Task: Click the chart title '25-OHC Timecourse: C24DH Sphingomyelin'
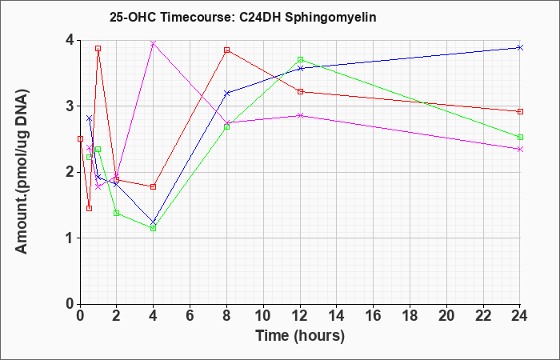click(243, 17)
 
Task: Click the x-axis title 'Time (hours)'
click(300, 336)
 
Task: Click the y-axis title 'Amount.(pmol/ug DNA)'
click(22, 171)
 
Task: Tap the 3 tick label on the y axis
click(70, 106)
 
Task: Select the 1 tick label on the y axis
click(70, 238)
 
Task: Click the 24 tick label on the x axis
click(519, 316)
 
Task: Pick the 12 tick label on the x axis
click(300, 316)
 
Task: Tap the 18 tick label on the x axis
click(410, 316)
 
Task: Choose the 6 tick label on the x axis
click(190, 316)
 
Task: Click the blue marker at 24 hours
click(520, 47)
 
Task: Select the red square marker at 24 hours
click(520, 111)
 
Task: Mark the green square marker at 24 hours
click(520, 137)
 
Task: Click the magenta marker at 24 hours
click(520, 150)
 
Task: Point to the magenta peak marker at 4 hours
click(154, 43)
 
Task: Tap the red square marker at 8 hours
click(226, 50)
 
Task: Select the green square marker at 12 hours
click(300, 60)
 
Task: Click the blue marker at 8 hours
click(226, 93)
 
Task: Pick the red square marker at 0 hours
click(80, 138)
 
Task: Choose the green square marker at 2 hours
click(117, 214)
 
